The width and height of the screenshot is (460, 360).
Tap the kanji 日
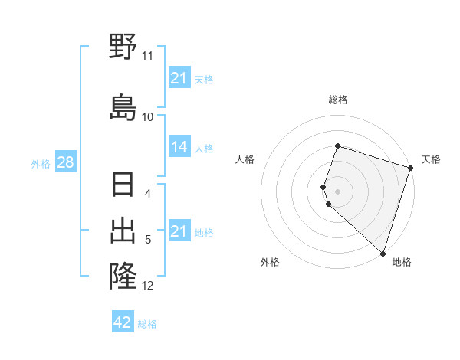point(123,185)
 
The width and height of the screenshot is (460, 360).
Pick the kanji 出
point(123,230)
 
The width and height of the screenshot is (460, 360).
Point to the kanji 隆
point(123,274)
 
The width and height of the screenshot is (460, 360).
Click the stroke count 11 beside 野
point(147,57)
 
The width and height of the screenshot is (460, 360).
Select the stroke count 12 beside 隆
point(148,286)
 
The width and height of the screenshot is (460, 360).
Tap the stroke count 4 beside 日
point(148,194)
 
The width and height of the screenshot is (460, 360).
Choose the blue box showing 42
point(123,322)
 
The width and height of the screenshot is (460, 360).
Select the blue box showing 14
point(179,147)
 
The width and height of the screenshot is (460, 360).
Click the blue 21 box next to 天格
point(179,78)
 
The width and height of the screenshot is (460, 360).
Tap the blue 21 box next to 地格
point(179,231)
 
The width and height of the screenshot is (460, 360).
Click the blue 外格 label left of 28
point(41,164)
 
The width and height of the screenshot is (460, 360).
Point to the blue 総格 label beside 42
point(147,323)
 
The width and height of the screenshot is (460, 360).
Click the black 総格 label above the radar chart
point(338,100)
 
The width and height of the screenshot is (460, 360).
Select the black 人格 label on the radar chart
point(245,159)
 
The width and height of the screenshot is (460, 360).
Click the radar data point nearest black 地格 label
point(383,254)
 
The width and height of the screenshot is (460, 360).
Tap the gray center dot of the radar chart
point(338,190)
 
